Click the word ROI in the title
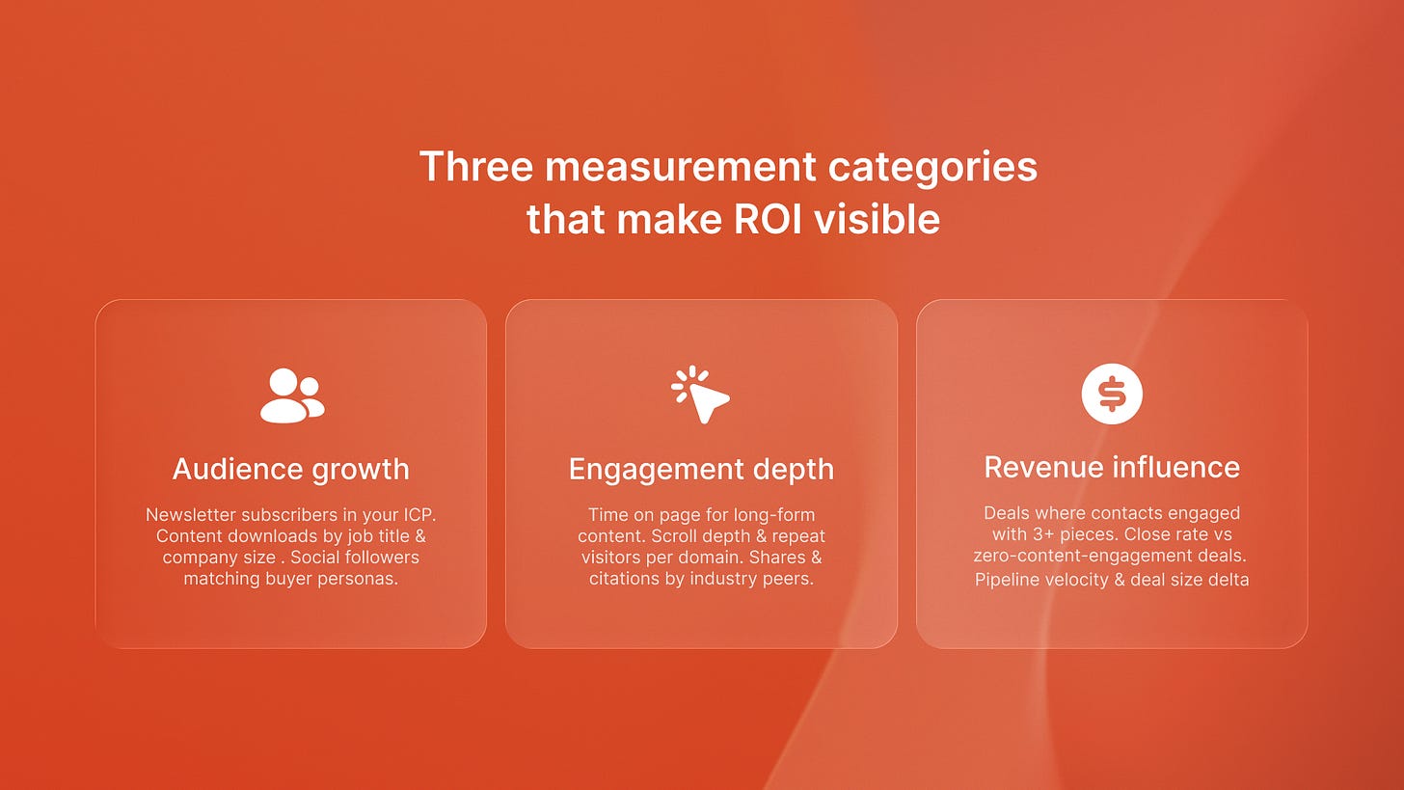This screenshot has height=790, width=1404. click(768, 220)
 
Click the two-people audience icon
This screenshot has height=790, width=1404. click(292, 395)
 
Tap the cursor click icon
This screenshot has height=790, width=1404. click(701, 395)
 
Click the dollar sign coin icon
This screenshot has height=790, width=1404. click(1112, 394)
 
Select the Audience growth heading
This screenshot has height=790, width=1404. click(291, 470)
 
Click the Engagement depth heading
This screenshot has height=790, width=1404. click(701, 470)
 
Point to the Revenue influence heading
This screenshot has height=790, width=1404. click(1112, 467)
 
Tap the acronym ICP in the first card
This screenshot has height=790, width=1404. click(417, 515)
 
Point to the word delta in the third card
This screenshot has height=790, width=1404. click(1228, 580)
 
